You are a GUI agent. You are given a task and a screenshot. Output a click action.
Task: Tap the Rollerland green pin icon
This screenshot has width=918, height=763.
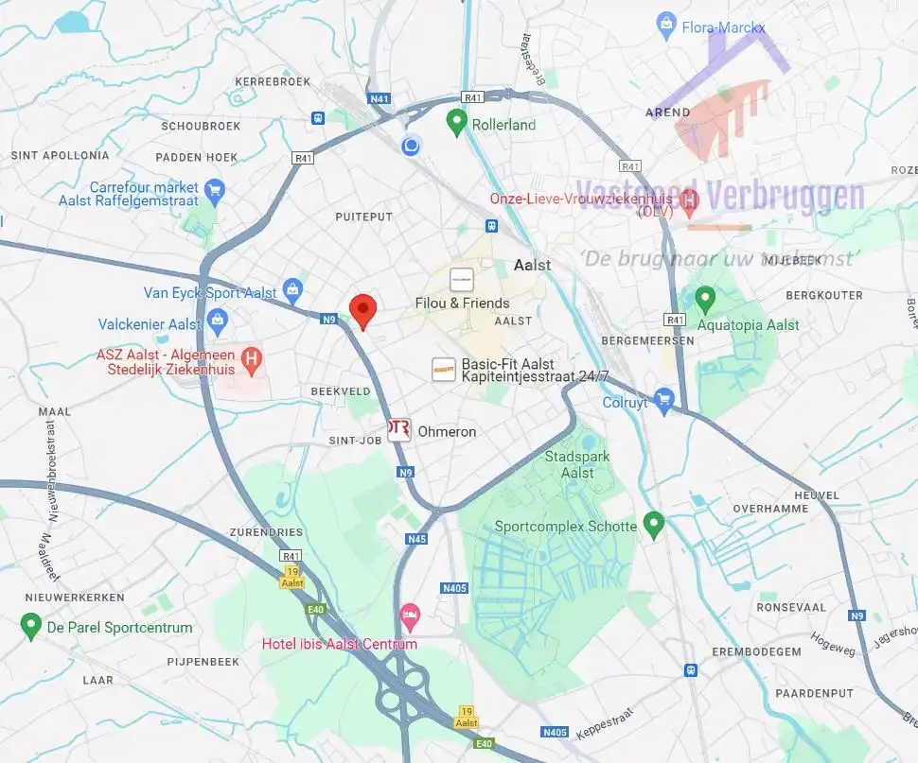click(x=456, y=122)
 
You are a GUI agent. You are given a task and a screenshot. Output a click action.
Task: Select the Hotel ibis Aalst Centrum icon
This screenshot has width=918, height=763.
click(x=409, y=616)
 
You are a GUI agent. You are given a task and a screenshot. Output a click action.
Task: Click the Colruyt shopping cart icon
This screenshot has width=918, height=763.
click(x=663, y=400)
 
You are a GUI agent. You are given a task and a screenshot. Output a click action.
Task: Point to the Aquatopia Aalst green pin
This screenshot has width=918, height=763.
click(x=704, y=300)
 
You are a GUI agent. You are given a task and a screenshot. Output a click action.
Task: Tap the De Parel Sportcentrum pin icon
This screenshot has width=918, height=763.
click(x=30, y=625)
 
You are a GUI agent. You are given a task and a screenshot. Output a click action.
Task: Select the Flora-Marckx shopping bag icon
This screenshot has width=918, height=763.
click(x=666, y=23)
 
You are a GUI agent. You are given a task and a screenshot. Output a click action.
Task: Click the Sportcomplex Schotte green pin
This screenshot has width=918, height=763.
click(x=653, y=523)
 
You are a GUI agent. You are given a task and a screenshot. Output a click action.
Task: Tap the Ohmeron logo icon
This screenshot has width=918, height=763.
click(x=399, y=430)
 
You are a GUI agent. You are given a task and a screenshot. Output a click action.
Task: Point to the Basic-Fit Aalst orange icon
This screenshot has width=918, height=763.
click(x=443, y=370)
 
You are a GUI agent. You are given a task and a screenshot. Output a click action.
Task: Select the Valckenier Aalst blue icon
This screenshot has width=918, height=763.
click(x=218, y=321)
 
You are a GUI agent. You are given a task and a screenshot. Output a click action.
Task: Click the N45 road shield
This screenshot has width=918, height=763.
click(x=417, y=539)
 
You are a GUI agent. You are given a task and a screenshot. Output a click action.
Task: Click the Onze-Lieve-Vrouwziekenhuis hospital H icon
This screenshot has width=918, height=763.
click(x=689, y=199)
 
